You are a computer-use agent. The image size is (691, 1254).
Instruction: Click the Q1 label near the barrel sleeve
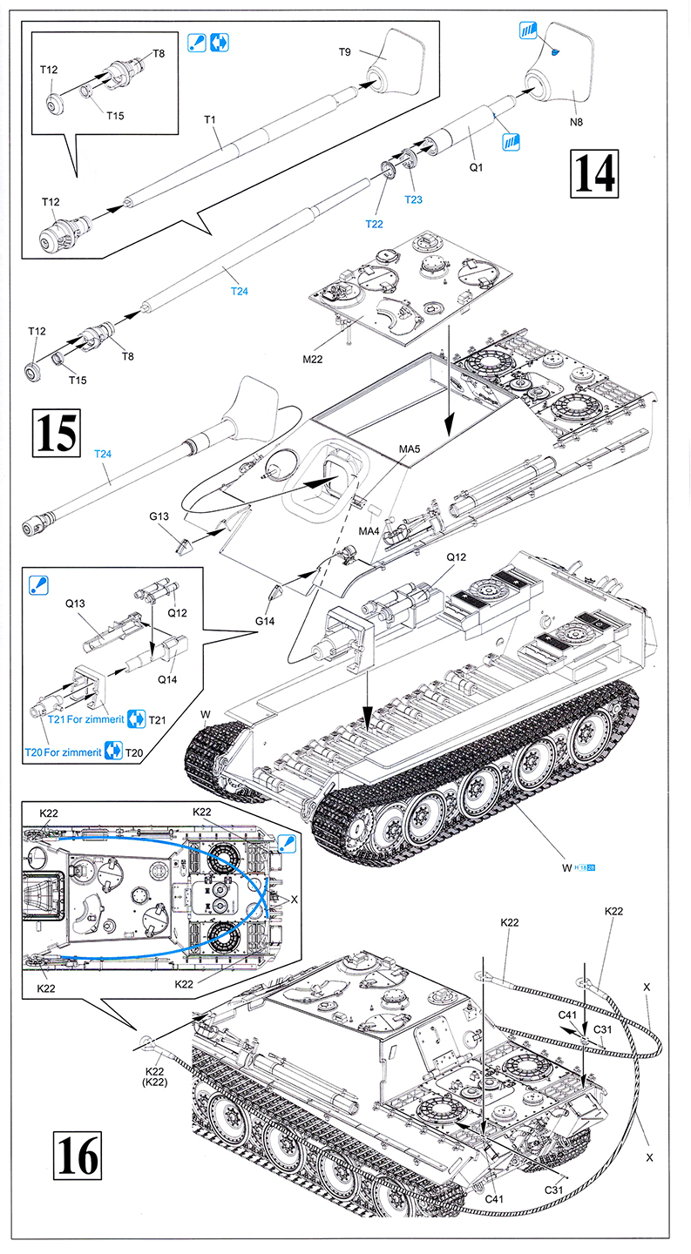[476, 165]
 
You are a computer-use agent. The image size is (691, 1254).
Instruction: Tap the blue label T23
[414, 199]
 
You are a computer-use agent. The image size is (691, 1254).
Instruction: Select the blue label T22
[374, 224]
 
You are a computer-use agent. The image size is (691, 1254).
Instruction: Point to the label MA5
[410, 448]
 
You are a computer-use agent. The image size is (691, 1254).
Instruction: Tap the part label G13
[159, 516]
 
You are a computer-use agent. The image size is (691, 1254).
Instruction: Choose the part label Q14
[165, 681]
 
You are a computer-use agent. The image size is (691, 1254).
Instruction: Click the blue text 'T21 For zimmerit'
[85, 719]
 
